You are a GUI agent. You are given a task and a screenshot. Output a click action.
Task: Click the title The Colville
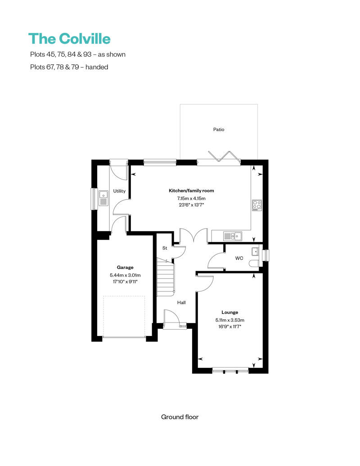click(69, 39)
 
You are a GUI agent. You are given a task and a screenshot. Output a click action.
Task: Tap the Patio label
click(219, 130)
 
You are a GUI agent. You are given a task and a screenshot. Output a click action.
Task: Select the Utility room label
click(119, 191)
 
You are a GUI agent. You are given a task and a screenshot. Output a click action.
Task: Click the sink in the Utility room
click(103, 197)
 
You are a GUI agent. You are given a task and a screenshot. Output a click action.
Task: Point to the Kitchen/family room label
click(191, 191)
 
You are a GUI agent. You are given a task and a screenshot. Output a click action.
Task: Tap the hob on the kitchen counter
click(256, 205)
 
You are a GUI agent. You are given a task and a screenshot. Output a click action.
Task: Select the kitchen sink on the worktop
click(232, 236)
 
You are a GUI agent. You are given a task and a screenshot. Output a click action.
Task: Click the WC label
click(239, 259)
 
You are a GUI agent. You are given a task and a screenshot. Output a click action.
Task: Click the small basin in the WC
click(255, 251)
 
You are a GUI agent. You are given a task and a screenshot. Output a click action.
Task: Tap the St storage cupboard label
click(165, 248)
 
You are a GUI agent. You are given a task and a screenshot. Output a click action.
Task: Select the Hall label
click(181, 303)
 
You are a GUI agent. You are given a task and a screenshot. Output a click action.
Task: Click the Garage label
click(125, 267)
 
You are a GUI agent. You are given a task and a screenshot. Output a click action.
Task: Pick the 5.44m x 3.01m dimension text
click(125, 275)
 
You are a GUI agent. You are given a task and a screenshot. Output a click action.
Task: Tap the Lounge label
click(229, 312)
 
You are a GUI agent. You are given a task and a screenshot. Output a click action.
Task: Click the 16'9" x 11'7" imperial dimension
click(229, 327)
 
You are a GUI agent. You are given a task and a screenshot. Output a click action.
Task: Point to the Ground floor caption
click(180, 417)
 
